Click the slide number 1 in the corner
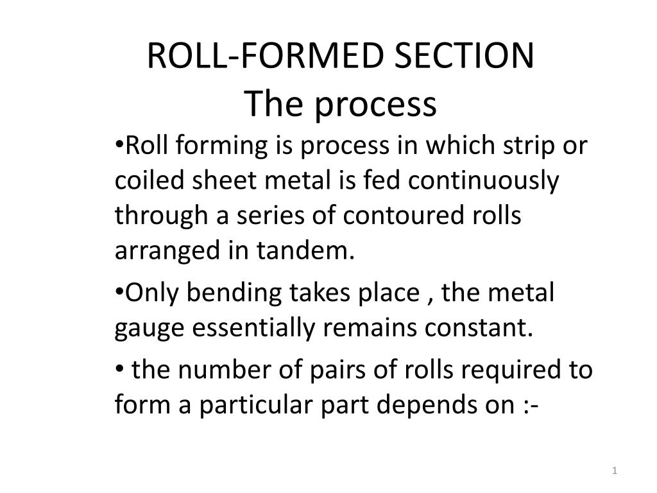pyautogui.click(x=614, y=471)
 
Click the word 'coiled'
pyautogui.click(x=149, y=180)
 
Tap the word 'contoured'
pyautogui.click(x=403, y=216)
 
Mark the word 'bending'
pyautogui.click(x=234, y=293)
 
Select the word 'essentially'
pyautogui.click(x=253, y=329)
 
